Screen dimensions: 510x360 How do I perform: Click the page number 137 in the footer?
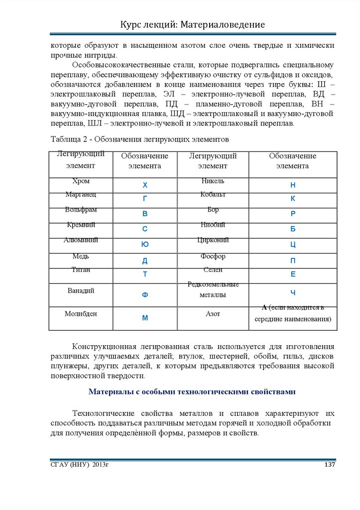[329, 465]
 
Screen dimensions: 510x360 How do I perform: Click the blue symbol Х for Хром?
[145, 185]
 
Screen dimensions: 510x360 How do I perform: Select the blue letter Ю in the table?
[145, 245]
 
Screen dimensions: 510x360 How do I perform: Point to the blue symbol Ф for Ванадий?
[145, 295]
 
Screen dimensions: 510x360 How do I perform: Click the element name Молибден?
[81, 314]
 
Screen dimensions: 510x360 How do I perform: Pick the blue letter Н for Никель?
[293, 185]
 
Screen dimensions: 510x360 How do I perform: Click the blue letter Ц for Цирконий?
[293, 245]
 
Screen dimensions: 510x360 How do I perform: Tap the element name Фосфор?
[213, 256]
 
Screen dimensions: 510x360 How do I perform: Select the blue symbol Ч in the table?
[293, 292]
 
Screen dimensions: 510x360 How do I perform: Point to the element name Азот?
[213, 314]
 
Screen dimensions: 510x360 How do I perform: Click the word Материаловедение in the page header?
[221, 24]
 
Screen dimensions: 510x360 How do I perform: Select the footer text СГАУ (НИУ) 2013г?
[79, 465]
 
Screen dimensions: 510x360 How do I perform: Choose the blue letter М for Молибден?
[145, 318]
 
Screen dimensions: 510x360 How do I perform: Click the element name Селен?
[213, 269]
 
